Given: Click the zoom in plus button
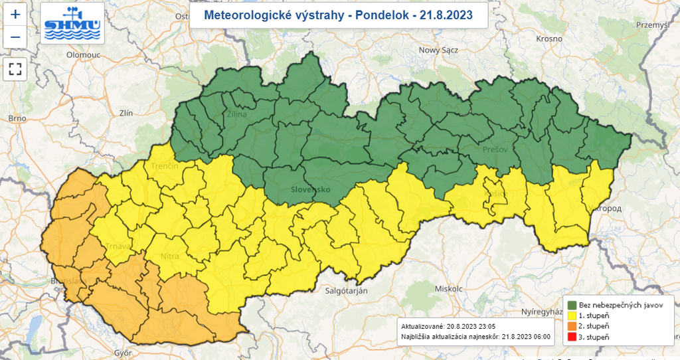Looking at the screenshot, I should (x=15, y=14).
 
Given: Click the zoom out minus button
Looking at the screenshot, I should (x=15, y=37).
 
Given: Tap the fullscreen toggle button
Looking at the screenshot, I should (x=15, y=68).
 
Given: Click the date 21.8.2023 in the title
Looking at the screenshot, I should (x=447, y=15).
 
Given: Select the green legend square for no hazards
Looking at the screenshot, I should (x=570, y=304).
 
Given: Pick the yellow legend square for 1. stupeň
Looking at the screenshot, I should (x=570, y=315).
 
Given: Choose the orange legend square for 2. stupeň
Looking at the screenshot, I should (x=570, y=327).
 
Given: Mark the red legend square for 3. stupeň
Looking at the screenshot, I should (x=570, y=338).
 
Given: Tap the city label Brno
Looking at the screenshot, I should (x=17, y=118).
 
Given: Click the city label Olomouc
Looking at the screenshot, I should (x=83, y=55).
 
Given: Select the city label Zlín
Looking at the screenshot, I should (x=126, y=113).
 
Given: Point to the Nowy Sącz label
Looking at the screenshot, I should (x=439, y=50).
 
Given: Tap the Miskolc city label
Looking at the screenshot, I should (x=447, y=289).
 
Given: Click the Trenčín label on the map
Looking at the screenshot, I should (x=165, y=165).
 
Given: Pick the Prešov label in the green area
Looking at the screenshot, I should (x=495, y=149).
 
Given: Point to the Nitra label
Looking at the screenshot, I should (x=171, y=255).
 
